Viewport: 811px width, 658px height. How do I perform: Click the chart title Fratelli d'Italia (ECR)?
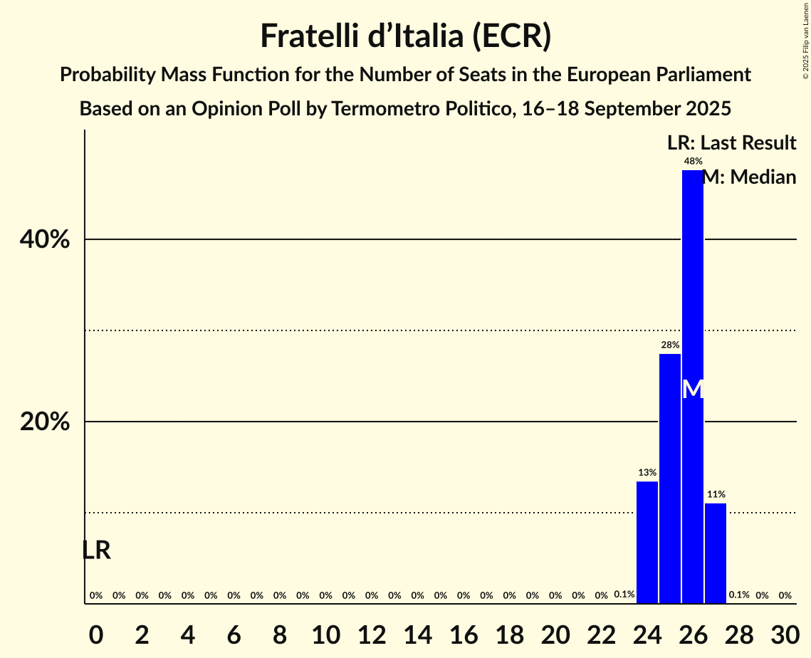(405, 36)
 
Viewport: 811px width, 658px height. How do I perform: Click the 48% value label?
(692, 162)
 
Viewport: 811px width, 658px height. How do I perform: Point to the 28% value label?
(669, 345)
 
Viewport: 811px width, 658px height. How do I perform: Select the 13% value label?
(647, 473)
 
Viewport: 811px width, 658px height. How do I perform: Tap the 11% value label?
(716, 494)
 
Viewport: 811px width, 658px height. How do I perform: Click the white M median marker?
(692, 389)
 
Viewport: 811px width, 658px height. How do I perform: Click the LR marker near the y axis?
(96, 550)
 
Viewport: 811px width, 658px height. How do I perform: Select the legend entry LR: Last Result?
(731, 143)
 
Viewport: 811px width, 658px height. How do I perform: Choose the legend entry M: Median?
(749, 177)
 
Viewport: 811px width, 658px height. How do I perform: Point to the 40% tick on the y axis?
(45, 240)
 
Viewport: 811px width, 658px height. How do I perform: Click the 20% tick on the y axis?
(45, 422)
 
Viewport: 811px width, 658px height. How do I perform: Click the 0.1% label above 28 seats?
(738, 595)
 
